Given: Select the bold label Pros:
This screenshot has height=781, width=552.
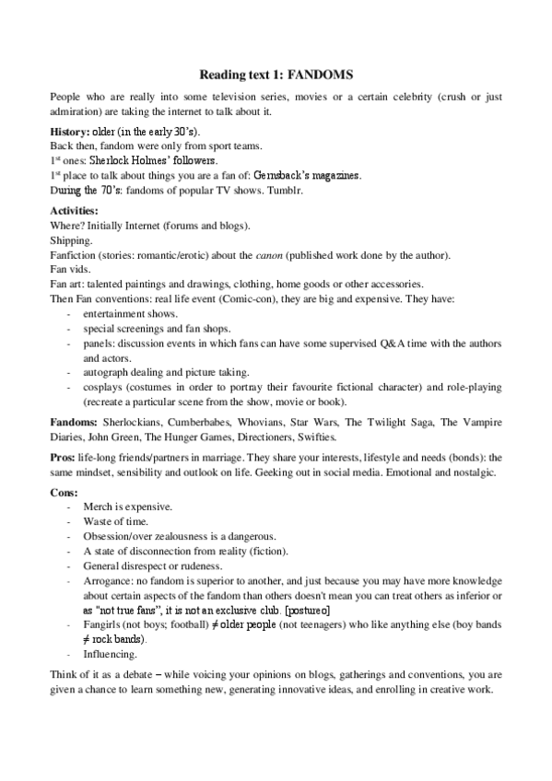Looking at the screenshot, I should click(x=63, y=457).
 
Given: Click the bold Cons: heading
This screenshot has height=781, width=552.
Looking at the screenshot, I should click(x=64, y=493).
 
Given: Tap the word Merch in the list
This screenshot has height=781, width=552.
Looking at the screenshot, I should click(x=96, y=507).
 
